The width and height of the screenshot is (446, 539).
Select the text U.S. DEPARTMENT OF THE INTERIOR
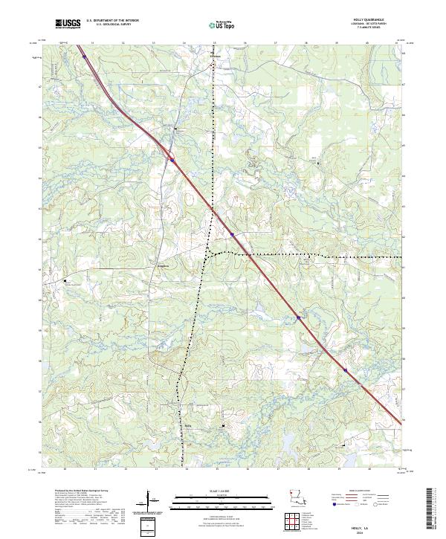coord(112,21)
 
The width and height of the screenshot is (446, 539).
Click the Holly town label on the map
coord(187,425)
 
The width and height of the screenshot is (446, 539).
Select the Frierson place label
coord(215,55)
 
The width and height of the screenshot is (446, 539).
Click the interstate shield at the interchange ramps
coord(170,158)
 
